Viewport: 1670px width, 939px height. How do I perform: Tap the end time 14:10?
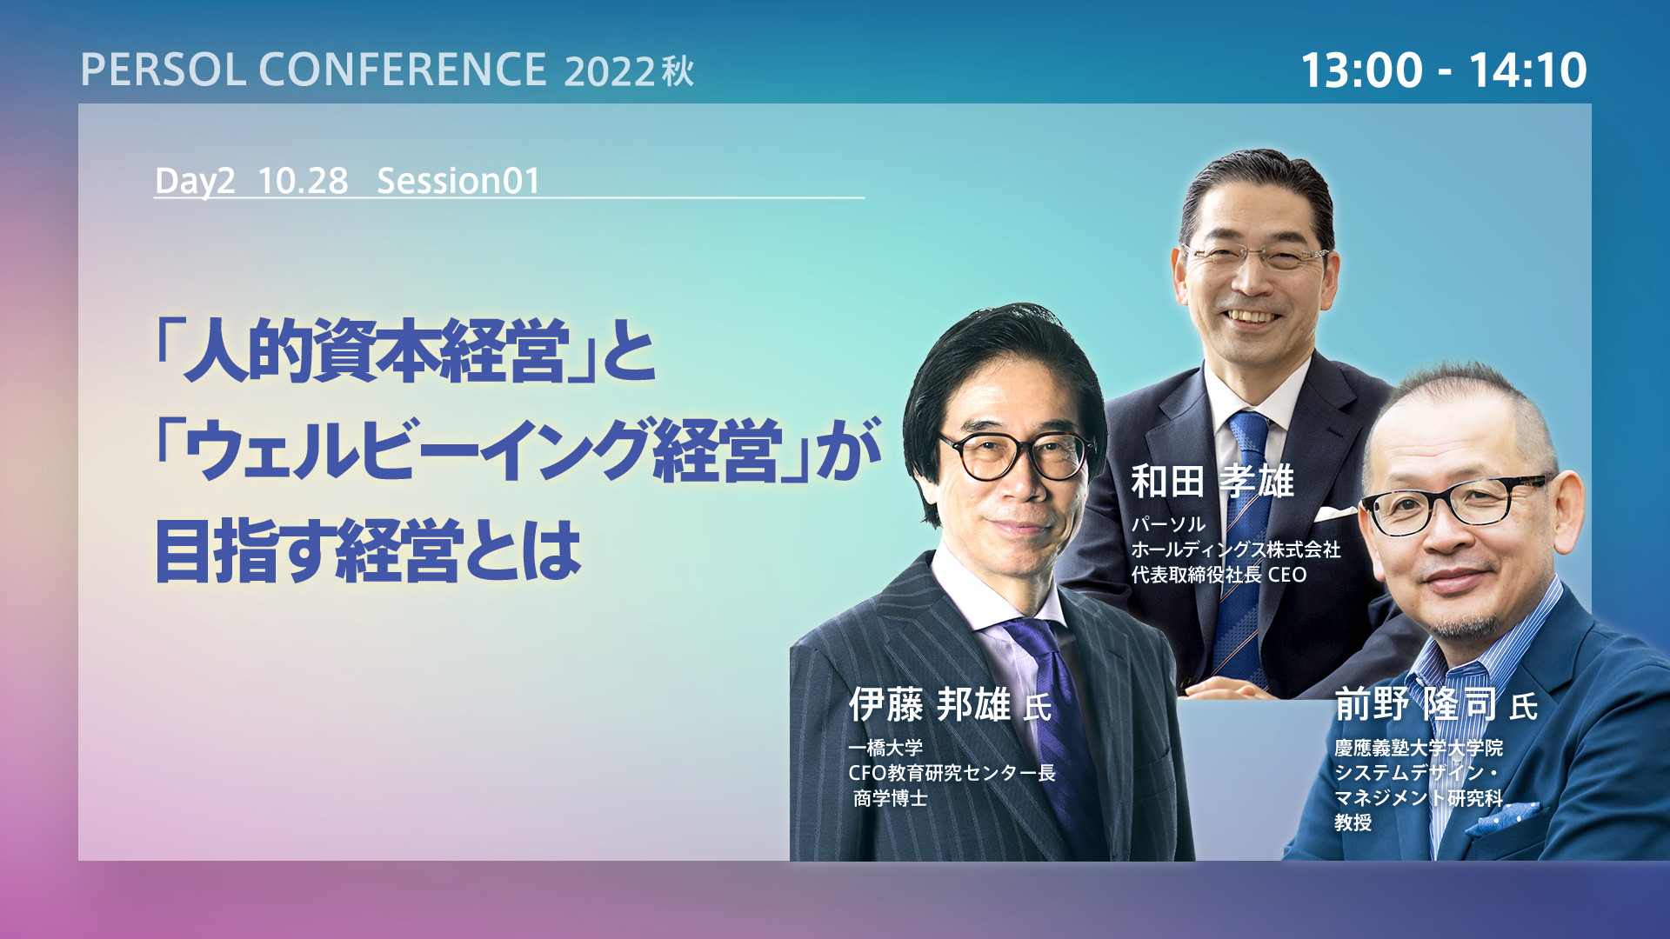coord(1528,70)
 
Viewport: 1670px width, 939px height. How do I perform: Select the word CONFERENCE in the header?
coord(403,70)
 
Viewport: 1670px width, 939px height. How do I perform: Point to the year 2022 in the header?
coord(609,71)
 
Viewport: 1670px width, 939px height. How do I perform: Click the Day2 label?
coord(195,181)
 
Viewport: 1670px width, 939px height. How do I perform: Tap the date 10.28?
coord(303,181)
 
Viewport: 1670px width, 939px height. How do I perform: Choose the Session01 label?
coord(458,181)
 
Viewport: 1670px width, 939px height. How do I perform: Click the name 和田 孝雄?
coord(1212,481)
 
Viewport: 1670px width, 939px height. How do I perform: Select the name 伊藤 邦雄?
coord(930,704)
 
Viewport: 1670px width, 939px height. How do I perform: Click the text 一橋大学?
coord(885,748)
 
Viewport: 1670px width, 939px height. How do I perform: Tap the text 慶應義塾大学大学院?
coord(1419,748)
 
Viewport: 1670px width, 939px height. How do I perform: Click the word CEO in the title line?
coord(1287,575)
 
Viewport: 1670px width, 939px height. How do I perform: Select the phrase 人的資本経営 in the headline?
coord(376,350)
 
